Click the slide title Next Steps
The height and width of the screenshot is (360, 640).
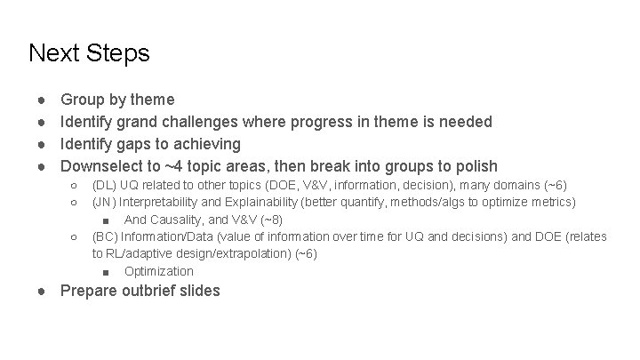pos(89,53)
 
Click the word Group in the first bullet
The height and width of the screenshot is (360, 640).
pos(81,100)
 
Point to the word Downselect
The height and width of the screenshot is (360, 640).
pos(103,166)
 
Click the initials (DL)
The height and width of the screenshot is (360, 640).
pos(103,186)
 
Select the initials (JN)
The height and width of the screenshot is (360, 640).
pos(103,203)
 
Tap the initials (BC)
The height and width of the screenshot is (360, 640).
pos(105,236)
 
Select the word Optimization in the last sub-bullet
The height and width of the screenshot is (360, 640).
pos(159,271)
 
